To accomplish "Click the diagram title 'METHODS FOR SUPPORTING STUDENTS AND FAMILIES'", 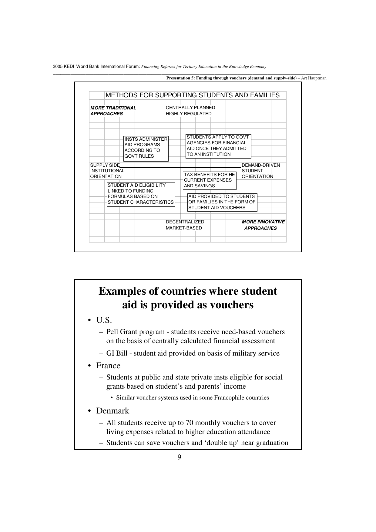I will click(193, 95).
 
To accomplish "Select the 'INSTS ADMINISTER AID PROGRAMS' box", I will click(146, 148).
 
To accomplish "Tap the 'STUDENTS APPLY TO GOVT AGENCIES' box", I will click(218, 146).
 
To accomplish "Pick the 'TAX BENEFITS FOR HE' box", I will click(209, 180).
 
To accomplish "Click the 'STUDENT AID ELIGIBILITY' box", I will click(140, 194).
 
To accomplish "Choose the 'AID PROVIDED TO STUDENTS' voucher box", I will click(222, 202).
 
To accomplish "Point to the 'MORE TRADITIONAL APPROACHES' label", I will click(113, 111).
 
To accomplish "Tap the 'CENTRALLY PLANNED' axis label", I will click(190, 108).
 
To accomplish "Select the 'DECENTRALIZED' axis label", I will click(185, 222).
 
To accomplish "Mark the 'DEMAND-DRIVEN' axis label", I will click(260, 165).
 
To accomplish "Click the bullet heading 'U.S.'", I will click(104, 320).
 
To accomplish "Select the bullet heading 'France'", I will click(108, 366).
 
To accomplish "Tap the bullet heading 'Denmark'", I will click(112, 411).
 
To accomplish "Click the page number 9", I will click(179, 457).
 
